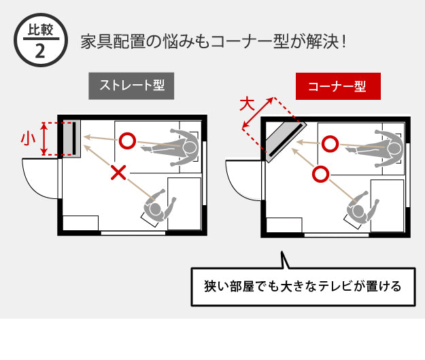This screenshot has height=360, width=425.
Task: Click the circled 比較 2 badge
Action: click(x=41, y=40)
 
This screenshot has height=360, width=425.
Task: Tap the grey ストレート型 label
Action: click(x=131, y=86)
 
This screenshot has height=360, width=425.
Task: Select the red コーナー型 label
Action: click(x=338, y=86)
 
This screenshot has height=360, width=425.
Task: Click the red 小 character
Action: click(x=28, y=139)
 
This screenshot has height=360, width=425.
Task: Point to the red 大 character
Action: click(x=247, y=104)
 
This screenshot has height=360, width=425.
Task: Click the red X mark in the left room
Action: click(x=118, y=173)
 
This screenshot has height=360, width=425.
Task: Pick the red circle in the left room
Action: click(x=127, y=141)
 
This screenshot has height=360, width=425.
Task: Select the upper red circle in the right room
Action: click(x=330, y=144)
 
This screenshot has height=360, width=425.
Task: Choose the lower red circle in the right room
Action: click(x=321, y=174)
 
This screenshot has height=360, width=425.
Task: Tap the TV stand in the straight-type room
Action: click(x=71, y=139)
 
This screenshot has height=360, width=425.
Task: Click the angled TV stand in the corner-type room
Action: click(x=286, y=142)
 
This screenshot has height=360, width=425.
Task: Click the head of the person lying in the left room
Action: click(x=189, y=148)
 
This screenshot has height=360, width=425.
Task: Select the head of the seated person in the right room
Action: click(x=358, y=211)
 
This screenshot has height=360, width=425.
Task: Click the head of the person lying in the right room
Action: click(x=392, y=149)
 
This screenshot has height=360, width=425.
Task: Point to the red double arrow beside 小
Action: click(x=44, y=139)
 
